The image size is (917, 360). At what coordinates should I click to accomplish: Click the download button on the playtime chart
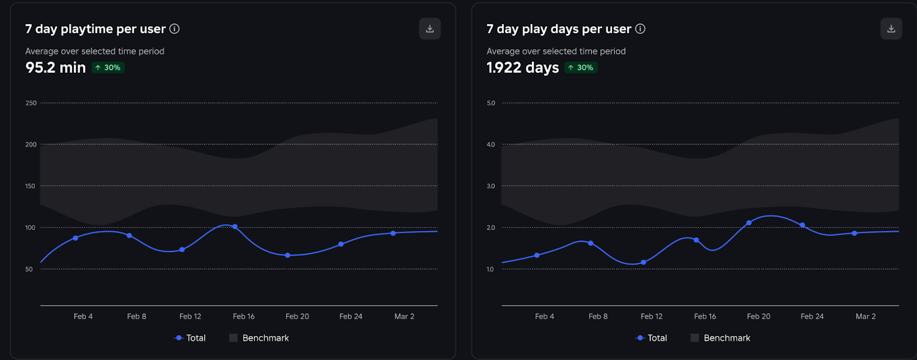pos(430,29)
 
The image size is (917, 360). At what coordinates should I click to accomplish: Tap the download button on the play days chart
pos(891,29)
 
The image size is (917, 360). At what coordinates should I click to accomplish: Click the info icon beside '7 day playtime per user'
pos(175,29)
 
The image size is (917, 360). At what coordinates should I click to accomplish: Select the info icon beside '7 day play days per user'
pos(640,29)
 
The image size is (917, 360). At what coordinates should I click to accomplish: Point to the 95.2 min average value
pos(56,68)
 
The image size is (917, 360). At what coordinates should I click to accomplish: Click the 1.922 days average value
pos(523,68)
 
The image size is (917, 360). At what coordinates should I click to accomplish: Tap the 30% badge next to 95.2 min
pos(108,68)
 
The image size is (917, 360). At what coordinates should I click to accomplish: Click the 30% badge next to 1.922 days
pos(581,68)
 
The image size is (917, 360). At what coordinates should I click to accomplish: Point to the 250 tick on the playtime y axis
pos(31,103)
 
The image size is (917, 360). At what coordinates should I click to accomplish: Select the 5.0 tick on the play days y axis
pos(491,103)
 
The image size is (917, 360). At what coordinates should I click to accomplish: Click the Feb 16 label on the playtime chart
pos(244,316)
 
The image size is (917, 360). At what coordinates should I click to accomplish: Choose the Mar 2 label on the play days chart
pos(865,316)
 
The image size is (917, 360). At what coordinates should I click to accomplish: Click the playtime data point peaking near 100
pos(235,227)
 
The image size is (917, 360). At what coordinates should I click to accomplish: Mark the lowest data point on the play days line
pos(644,263)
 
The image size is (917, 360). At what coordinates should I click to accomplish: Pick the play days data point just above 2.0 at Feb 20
pos(749,223)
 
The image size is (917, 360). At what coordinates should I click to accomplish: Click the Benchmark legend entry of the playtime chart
pos(259,338)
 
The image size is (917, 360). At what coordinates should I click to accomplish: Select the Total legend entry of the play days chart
pos(652,338)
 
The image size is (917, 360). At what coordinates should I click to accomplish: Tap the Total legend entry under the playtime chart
pos(190,338)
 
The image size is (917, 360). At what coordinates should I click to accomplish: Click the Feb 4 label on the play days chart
pos(544,316)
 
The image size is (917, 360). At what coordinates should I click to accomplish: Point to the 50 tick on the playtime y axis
pos(29,269)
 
